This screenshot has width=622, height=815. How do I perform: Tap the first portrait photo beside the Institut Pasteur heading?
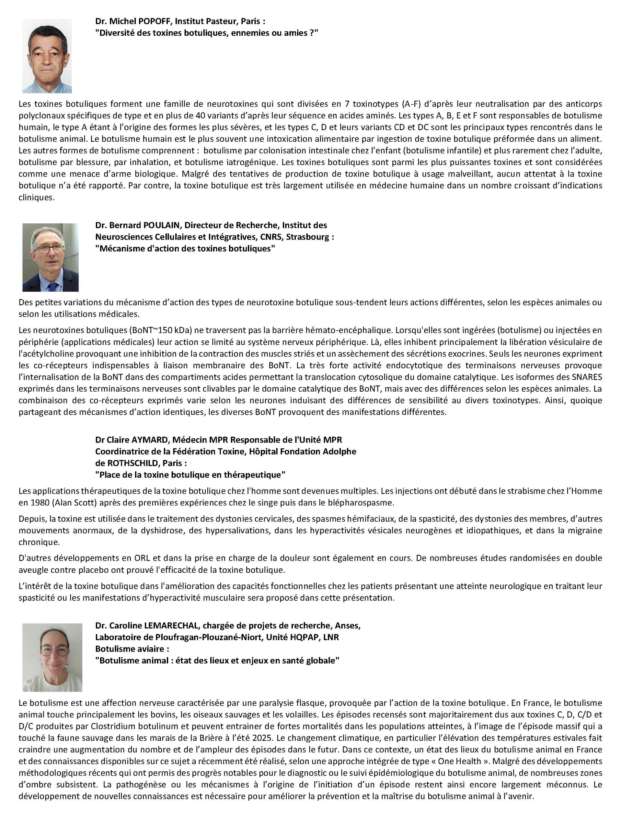coord(47,56)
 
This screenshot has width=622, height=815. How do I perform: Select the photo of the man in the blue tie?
coord(50,257)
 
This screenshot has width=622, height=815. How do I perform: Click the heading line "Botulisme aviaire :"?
coord(132,649)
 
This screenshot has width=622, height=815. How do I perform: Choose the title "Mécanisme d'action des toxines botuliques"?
coord(185,249)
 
